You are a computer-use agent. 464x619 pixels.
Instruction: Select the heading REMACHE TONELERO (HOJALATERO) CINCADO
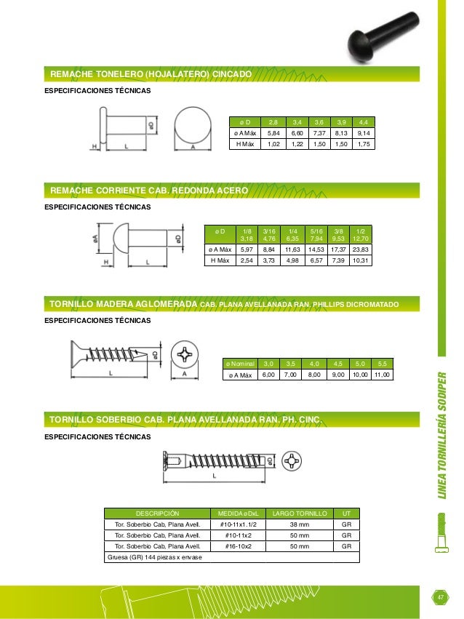[150, 75]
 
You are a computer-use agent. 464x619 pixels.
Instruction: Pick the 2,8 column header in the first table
[273, 121]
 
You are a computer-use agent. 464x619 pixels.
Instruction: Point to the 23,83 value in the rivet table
[360, 249]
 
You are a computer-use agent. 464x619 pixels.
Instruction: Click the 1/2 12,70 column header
[360, 233]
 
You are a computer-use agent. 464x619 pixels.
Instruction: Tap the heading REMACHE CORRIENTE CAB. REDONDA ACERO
[149, 191]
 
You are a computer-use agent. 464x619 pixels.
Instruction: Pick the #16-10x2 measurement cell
[236, 546]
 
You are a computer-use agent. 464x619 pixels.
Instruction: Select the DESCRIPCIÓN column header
[156, 513]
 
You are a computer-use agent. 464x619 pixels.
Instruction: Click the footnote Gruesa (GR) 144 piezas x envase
[155, 557]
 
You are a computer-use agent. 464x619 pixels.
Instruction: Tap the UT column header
[346, 513]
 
